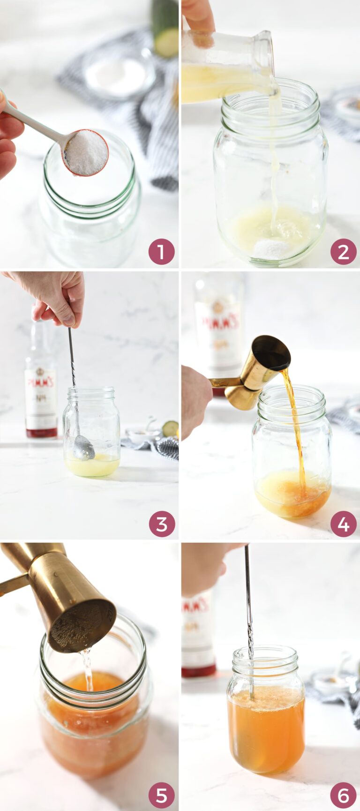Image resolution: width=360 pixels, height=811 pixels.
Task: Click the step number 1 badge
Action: [x=161, y=252]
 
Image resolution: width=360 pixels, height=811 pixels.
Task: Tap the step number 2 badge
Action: [x=343, y=252]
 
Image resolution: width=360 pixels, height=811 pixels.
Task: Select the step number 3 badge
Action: [x=161, y=524]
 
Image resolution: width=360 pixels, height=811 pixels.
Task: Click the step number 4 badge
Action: [x=343, y=524]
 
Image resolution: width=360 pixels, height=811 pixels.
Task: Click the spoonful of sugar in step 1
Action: [x=86, y=152]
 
